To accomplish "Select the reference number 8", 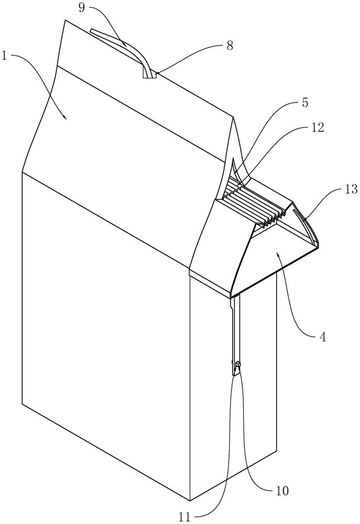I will tap(230, 46).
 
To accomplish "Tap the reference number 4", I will tap(323, 337).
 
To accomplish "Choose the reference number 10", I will tap(282, 491).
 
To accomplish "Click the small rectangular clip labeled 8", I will tap(150, 75).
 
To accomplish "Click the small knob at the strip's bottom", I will tap(237, 364).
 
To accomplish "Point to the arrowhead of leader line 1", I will tap(66, 119).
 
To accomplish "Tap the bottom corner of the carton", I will tap(189, 500).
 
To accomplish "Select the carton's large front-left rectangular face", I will tap(105, 335).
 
